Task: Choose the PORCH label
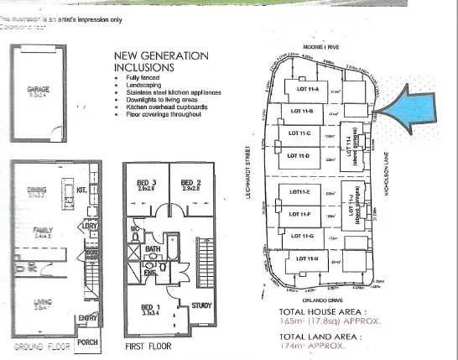coord(87,342)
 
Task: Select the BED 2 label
coord(192,182)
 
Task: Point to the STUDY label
coord(201,305)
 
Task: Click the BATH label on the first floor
coord(151,249)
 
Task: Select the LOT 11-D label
coord(299,154)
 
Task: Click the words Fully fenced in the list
coord(136,77)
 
